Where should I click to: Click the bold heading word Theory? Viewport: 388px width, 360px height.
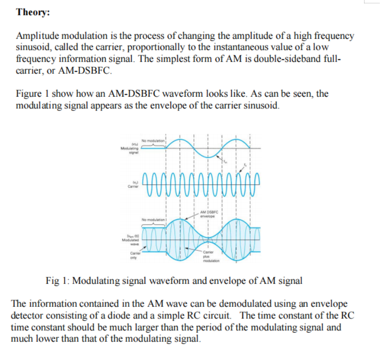pos(33,13)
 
